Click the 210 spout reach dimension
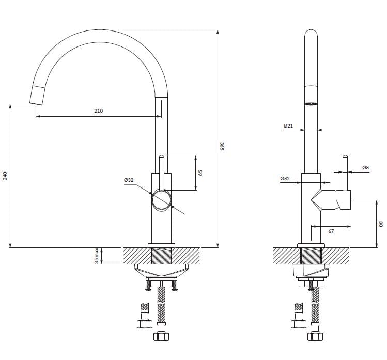(x=99, y=111)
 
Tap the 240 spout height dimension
(x=5, y=175)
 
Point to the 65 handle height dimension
(x=201, y=173)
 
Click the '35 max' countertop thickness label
(x=97, y=256)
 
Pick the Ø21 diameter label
(x=288, y=126)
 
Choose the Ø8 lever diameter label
(x=366, y=168)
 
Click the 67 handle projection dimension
(x=331, y=231)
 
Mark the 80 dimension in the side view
(x=381, y=223)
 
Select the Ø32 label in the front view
(x=129, y=180)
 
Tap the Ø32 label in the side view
(x=284, y=178)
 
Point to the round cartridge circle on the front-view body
(x=162, y=199)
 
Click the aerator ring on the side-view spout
(x=311, y=104)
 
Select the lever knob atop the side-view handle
(x=345, y=156)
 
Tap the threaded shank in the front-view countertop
(x=161, y=256)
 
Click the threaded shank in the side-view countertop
(x=311, y=256)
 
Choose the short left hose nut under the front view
(x=145, y=324)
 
